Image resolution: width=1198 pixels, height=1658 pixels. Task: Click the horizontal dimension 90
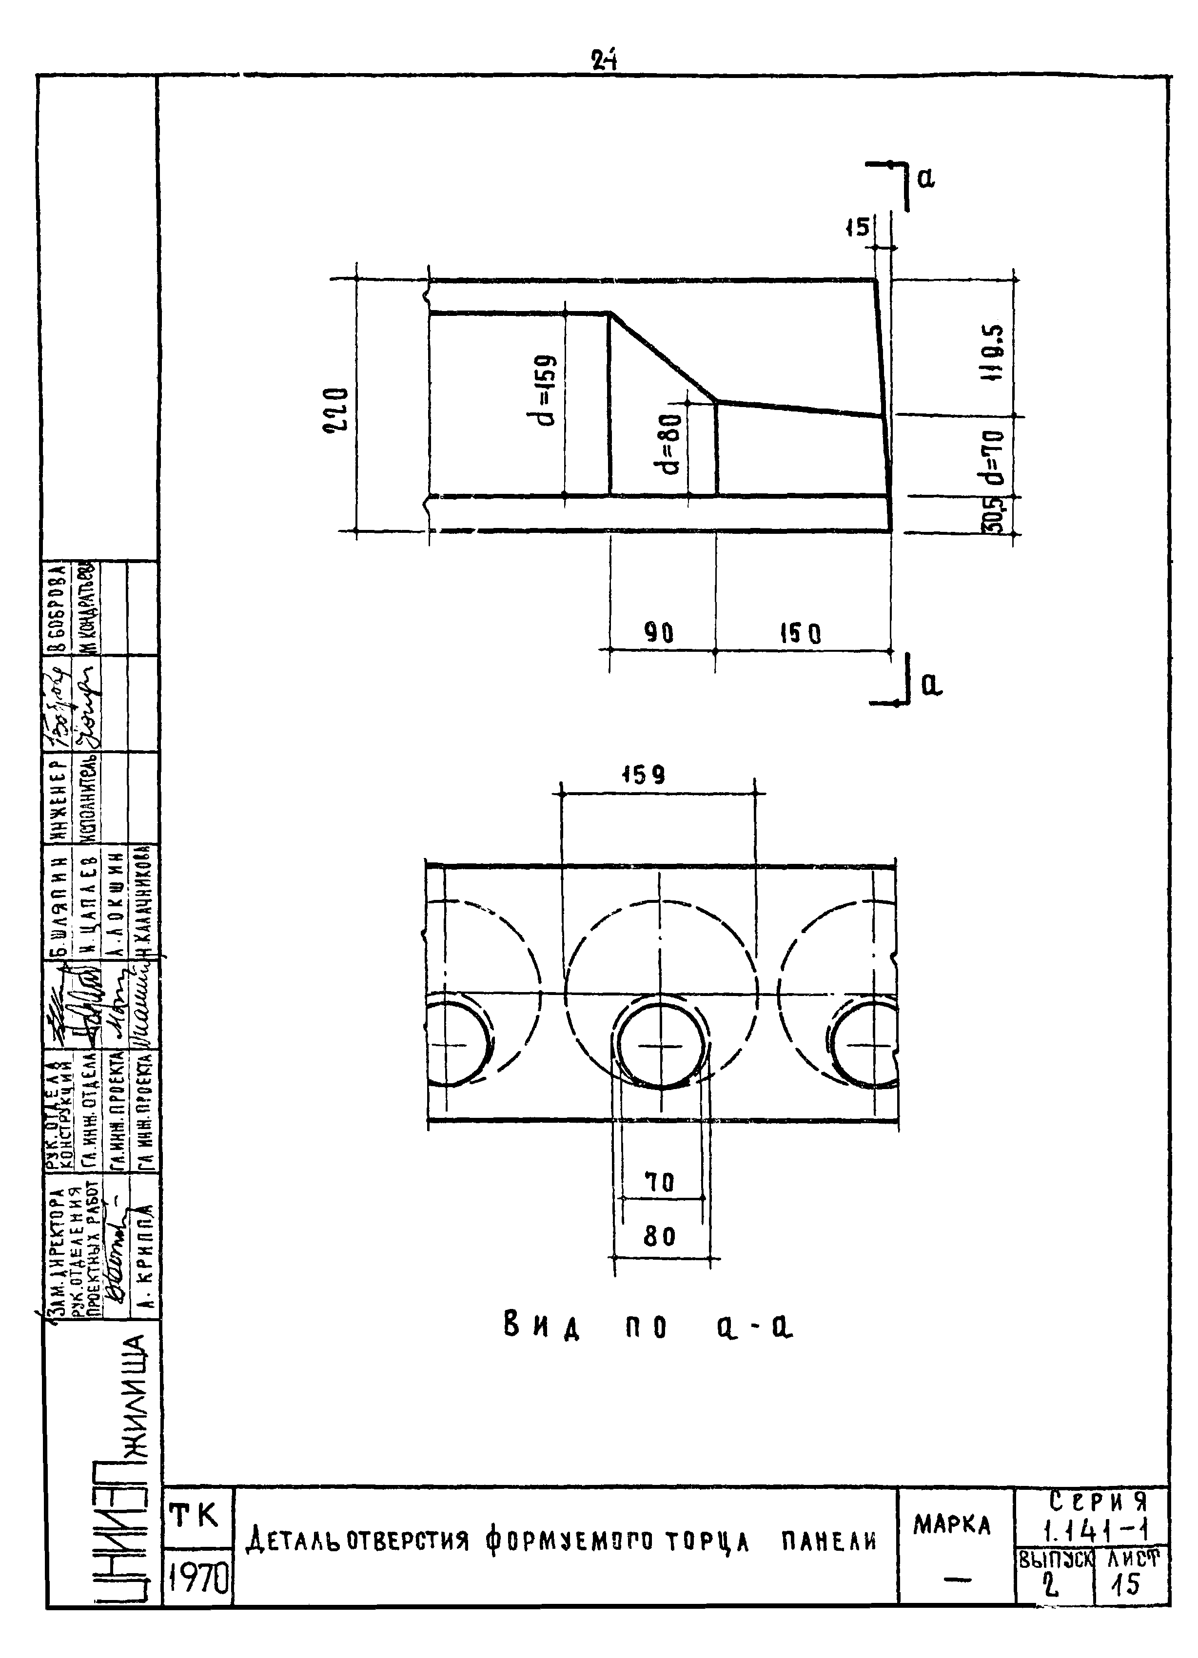click(x=659, y=634)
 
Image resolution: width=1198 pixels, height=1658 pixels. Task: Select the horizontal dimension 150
click(x=800, y=634)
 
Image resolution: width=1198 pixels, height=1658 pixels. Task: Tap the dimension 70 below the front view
click(x=659, y=1182)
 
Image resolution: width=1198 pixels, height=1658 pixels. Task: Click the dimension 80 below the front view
click(x=660, y=1236)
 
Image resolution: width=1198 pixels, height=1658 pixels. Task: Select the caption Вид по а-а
click(x=648, y=1326)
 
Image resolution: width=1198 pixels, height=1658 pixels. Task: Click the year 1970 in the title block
click(x=197, y=1583)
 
